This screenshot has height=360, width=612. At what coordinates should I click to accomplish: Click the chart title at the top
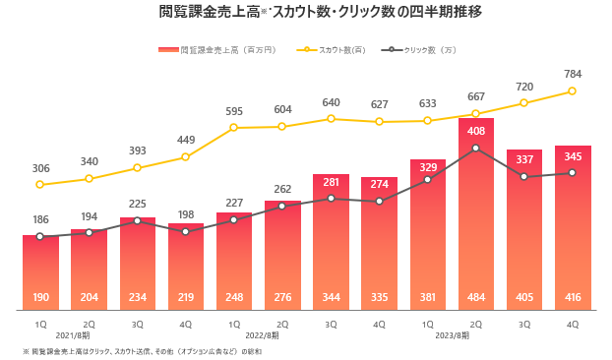[x=321, y=12]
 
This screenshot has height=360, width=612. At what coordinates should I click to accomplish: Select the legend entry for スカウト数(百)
[x=331, y=50]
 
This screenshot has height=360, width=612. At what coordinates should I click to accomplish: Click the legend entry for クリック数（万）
[x=419, y=50]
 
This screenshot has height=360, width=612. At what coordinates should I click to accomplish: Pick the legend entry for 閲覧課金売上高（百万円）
[x=217, y=50]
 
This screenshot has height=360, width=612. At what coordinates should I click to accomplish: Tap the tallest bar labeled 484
[x=476, y=214]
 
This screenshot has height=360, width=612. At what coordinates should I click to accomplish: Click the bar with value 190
[x=40, y=272]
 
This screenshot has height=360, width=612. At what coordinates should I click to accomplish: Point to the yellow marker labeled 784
[x=573, y=90]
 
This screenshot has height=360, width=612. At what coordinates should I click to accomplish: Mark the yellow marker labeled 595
[x=233, y=127]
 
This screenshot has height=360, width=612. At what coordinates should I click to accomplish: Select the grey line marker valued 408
[x=476, y=149]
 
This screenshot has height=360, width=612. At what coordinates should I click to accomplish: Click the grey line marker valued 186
[x=39, y=236]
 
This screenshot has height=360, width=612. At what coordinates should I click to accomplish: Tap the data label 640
[x=331, y=102]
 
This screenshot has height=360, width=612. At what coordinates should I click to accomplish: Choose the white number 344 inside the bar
[x=331, y=297]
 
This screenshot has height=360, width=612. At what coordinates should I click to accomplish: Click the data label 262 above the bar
[x=282, y=189]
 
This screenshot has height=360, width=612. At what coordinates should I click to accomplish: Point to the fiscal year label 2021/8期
[x=73, y=335]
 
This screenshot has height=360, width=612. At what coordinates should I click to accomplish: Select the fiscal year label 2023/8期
[x=453, y=335]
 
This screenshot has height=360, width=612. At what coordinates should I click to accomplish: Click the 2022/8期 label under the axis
[x=262, y=335]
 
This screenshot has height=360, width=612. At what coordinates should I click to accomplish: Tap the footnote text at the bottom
[x=142, y=352]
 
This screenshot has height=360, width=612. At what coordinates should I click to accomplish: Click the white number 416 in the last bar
[x=573, y=297]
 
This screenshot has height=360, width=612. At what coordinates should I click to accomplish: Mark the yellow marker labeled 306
[x=39, y=185]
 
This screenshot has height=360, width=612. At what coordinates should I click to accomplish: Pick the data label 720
[x=524, y=87]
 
